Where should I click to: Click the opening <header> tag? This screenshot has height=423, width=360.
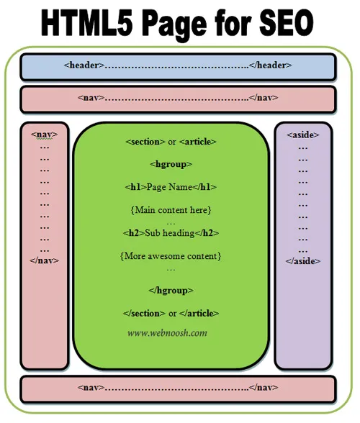coord(84,65)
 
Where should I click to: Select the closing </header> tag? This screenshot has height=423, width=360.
coord(270,65)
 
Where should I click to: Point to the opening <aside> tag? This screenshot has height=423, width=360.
coord(303,135)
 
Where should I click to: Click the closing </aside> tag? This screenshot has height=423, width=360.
coord(303,261)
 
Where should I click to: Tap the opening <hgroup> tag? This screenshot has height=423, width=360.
coord(171,164)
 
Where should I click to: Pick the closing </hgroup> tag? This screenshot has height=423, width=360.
coord(171,291)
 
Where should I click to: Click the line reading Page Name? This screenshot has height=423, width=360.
coord(171,187)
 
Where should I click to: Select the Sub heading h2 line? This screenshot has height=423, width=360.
coord(171,233)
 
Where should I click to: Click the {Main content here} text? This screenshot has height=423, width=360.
coord(171,210)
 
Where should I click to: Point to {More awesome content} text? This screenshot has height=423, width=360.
coord(171,256)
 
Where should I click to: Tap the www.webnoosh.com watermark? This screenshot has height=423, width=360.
coord(167,333)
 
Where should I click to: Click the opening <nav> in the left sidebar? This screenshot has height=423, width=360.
coord(45,135)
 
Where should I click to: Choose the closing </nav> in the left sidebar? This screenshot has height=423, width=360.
coord(45,260)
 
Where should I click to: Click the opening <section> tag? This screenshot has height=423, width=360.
coord(145,142)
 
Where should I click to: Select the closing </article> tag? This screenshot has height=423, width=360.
coord(199,313)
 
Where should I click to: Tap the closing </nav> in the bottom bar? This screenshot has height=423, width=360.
coord(264,387)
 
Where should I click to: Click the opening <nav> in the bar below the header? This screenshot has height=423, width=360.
coord(91,97)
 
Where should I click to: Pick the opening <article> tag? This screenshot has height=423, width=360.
coord(198,142)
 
